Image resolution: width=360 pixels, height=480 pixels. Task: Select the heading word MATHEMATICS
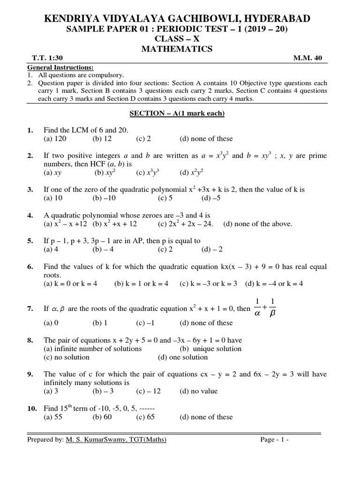180,49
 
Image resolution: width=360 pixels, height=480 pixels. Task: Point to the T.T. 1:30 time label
43,58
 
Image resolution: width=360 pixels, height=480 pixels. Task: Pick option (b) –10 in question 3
104,198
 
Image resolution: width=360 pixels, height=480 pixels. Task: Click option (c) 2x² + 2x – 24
185,224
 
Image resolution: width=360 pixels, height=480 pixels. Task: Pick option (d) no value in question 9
198,391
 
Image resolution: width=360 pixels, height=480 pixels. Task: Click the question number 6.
30,266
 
